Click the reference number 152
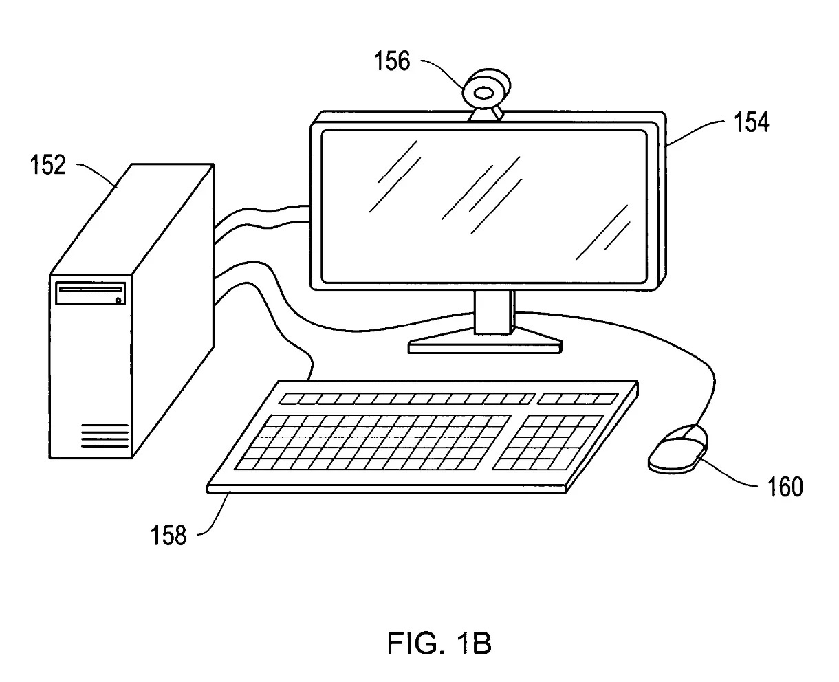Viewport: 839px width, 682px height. [x=47, y=166]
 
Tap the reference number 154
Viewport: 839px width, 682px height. [x=751, y=123]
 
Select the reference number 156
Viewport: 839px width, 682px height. [x=391, y=62]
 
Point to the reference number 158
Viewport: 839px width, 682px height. [x=168, y=535]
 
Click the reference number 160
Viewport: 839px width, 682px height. [x=785, y=487]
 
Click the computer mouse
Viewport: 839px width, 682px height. [x=677, y=449]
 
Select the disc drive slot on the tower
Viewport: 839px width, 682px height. [x=89, y=290]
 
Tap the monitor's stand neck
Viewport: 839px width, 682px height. [x=494, y=312]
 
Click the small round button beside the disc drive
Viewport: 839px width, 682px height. [x=119, y=300]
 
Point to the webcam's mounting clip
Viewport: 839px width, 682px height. [x=486, y=115]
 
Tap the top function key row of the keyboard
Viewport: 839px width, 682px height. [x=406, y=398]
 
